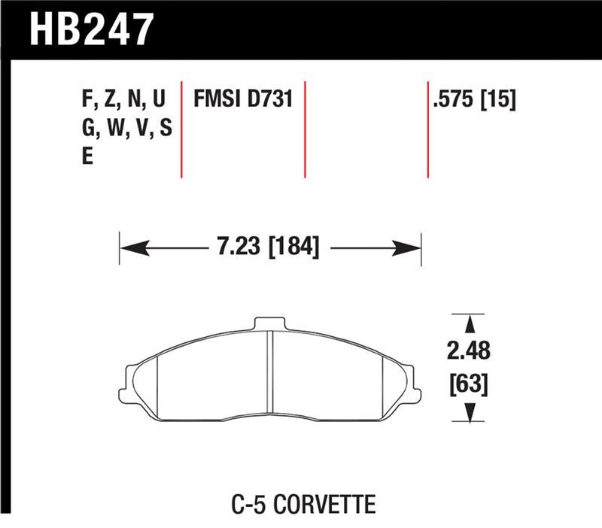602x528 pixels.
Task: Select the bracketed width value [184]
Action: pos(290,246)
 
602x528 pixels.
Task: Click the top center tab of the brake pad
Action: pos(270,324)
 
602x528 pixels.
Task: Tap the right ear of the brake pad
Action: pos(412,382)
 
